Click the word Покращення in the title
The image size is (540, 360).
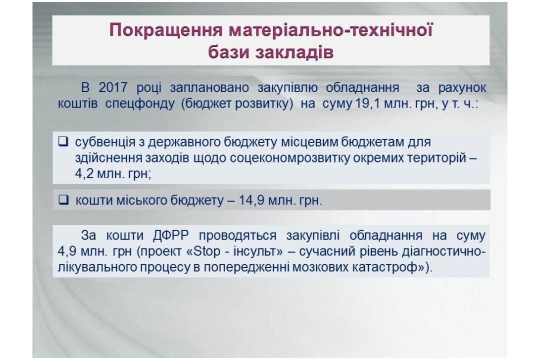(166, 30)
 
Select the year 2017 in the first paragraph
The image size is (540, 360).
(113, 87)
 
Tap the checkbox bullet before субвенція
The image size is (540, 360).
(63, 141)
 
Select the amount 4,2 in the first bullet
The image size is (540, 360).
(84, 174)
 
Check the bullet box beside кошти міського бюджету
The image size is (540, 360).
(63, 199)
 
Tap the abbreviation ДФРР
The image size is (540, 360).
(171, 235)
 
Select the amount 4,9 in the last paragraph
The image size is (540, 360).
(67, 251)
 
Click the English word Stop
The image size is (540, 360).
(206, 251)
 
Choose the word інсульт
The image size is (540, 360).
(254, 251)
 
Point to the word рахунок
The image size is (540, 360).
(462, 87)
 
